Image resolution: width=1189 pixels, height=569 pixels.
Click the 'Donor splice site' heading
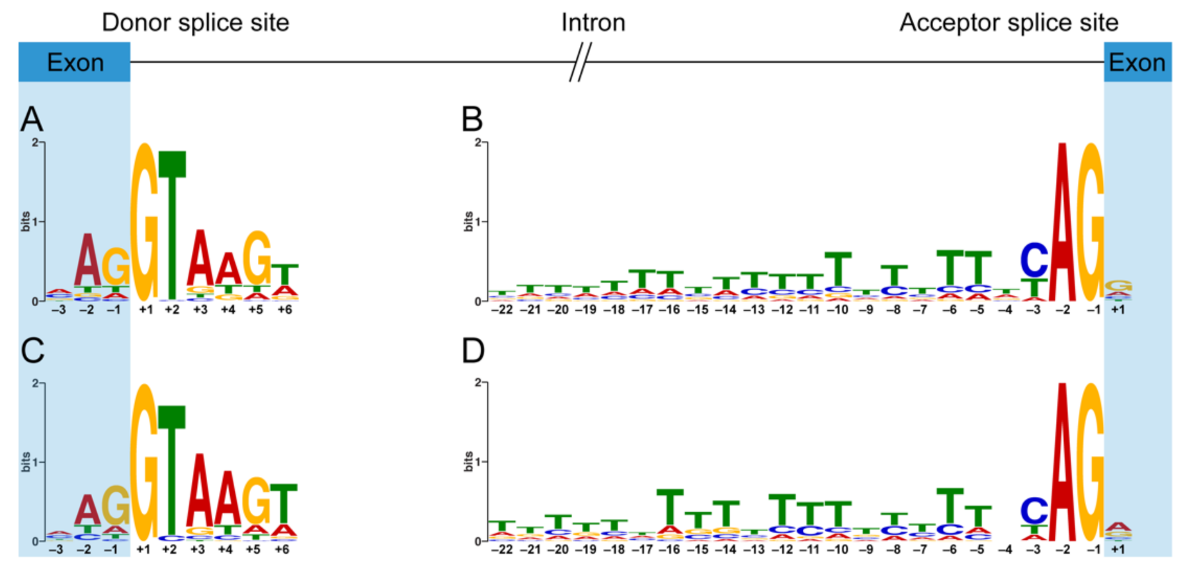click(195, 22)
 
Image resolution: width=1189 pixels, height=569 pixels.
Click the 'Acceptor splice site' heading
click(1008, 22)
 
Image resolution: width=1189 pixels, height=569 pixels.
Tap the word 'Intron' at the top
click(593, 22)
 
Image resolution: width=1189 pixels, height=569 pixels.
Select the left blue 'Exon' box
click(75, 63)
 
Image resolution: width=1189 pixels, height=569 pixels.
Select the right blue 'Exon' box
click(1137, 63)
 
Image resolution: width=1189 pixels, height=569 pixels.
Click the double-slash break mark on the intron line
click(580, 62)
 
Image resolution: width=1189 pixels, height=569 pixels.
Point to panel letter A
click(32, 120)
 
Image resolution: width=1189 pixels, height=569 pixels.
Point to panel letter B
click(472, 120)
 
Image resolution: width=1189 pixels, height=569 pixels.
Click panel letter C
click(32, 351)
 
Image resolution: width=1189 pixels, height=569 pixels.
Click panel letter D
click(473, 351)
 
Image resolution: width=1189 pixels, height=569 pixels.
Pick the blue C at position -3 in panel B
click(1034, 260)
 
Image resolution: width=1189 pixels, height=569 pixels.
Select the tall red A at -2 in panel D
click(1062, 463)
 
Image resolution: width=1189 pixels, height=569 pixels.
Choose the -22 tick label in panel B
click(503, 310)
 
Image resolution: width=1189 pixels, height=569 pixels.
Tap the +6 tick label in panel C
click(282, 550)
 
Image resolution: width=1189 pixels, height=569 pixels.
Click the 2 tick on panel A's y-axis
click(34, 143)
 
